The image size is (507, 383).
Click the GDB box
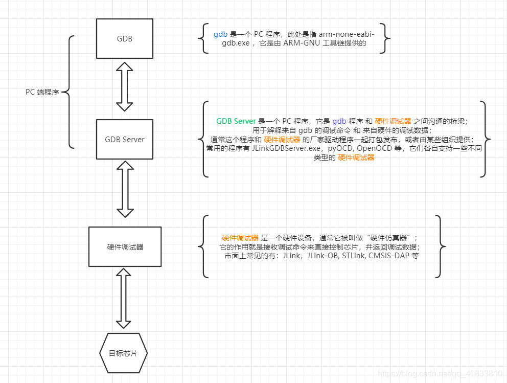tap(125, 38)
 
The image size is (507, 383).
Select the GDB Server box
tap(125, 139)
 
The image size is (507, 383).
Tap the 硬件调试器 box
tap(125, 246)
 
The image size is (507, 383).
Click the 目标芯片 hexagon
tap(123, 353)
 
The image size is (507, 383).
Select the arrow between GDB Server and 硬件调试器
tap(125, 188)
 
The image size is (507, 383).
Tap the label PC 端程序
tap(42, 93)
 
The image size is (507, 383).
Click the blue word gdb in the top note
tap(220, 34)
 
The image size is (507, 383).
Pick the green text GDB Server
tap(236, 121)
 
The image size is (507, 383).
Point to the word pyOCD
tap(340, 148)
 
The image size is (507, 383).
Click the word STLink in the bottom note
tap(354, 256)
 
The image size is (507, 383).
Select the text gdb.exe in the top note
tap(236, 43)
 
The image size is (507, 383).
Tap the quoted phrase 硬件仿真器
tap(388, 238)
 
